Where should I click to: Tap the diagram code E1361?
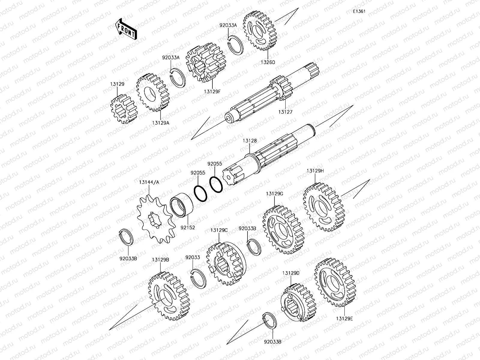coord(359,11)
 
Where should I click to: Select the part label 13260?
coord(268,62)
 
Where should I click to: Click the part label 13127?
coord(285,112)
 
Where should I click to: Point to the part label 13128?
coord(250,141)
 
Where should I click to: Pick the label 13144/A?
coord(149,182)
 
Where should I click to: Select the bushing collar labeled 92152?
coord(181,205)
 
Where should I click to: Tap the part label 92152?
coord(187,227)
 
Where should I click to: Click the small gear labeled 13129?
coord(124,109)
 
